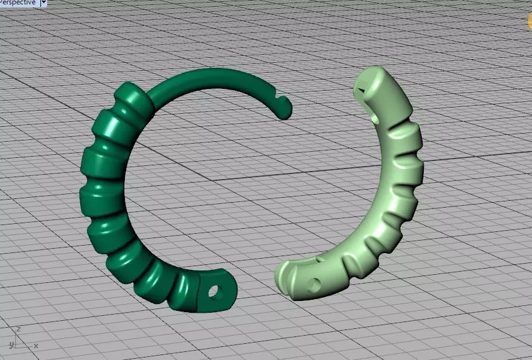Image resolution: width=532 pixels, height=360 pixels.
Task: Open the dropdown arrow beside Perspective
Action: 44,2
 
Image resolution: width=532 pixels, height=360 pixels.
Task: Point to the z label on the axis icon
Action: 19,329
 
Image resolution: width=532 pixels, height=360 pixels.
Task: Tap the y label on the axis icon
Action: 11,344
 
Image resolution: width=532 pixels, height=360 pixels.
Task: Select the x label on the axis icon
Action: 35,345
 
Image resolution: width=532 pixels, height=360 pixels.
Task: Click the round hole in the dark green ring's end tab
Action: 216,290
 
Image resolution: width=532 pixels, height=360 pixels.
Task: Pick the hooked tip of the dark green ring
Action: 285,111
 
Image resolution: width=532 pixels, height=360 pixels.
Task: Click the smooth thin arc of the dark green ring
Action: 211,76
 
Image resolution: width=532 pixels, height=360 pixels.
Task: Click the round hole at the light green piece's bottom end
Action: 314,284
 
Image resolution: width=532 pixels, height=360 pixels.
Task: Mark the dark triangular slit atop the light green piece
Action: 360,90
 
